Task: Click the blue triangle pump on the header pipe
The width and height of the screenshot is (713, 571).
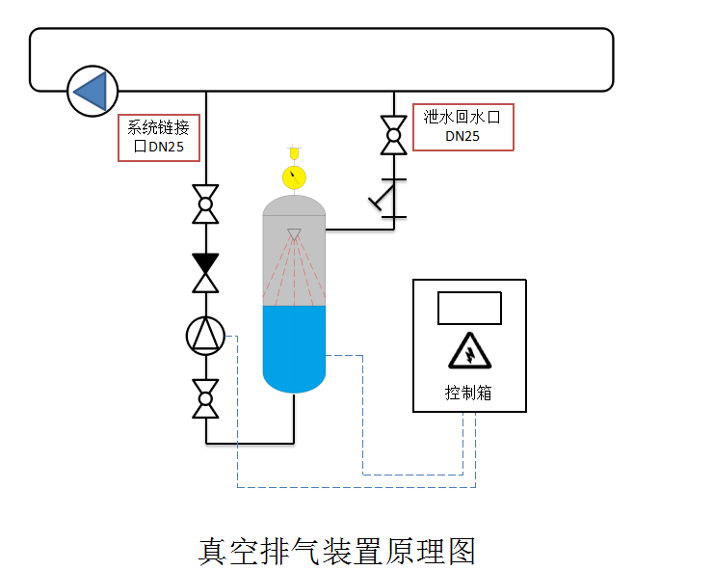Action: click(92, 92)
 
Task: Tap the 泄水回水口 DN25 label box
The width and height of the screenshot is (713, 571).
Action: click(462, 127)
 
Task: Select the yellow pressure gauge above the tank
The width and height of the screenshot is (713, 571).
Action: click(294, 177)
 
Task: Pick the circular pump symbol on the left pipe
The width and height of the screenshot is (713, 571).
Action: click(205, 335)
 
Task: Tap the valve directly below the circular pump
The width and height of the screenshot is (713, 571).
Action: click(205, 398)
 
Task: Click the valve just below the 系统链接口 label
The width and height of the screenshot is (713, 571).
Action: click(205, 204)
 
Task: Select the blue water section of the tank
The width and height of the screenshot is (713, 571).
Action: click(294, 347)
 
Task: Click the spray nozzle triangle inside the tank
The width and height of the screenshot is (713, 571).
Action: click(294, 233)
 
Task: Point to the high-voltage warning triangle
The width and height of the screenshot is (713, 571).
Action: click(469, 351)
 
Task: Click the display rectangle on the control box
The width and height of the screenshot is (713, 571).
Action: click(469, 308)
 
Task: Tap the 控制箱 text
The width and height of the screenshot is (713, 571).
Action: click(469, 394)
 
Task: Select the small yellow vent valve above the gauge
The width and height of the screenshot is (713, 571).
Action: click(294, 152)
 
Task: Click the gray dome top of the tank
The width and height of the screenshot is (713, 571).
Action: click(294, 204)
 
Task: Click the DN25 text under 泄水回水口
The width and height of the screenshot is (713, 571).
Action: click(462, 137)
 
